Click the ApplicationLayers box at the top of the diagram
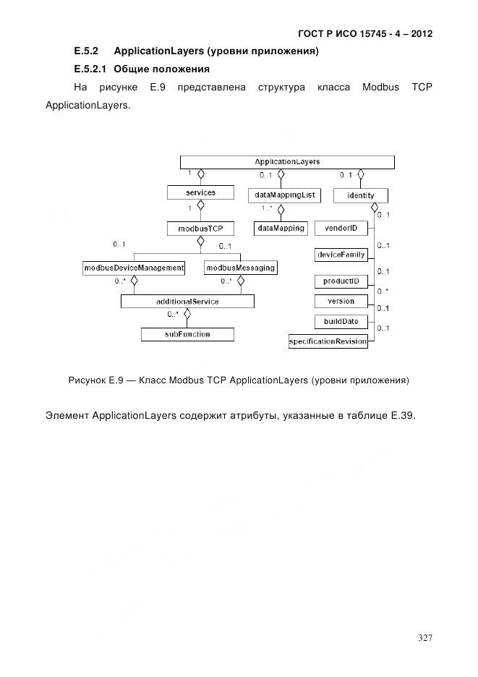(x=287, y=162)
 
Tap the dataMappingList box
(x=283, y=195)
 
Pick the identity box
(x=360, y=196)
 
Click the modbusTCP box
(x=200, y=229)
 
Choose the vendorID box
(x=341, y=228)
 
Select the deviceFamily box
(x=341, y=255)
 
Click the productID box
(x=341, y=281)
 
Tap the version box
(x=341, y=301)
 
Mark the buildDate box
(x=341, y=321)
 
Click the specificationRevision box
(x=328, y=341)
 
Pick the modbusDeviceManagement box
(x=133, y=268)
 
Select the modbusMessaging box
(x=240, y=268)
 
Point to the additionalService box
(x=187, y=301)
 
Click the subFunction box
(x=187, y=334)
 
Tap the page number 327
(x=425, y=637)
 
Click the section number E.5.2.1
(x=90, y=69)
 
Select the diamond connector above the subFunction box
(x=187, y=315)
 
